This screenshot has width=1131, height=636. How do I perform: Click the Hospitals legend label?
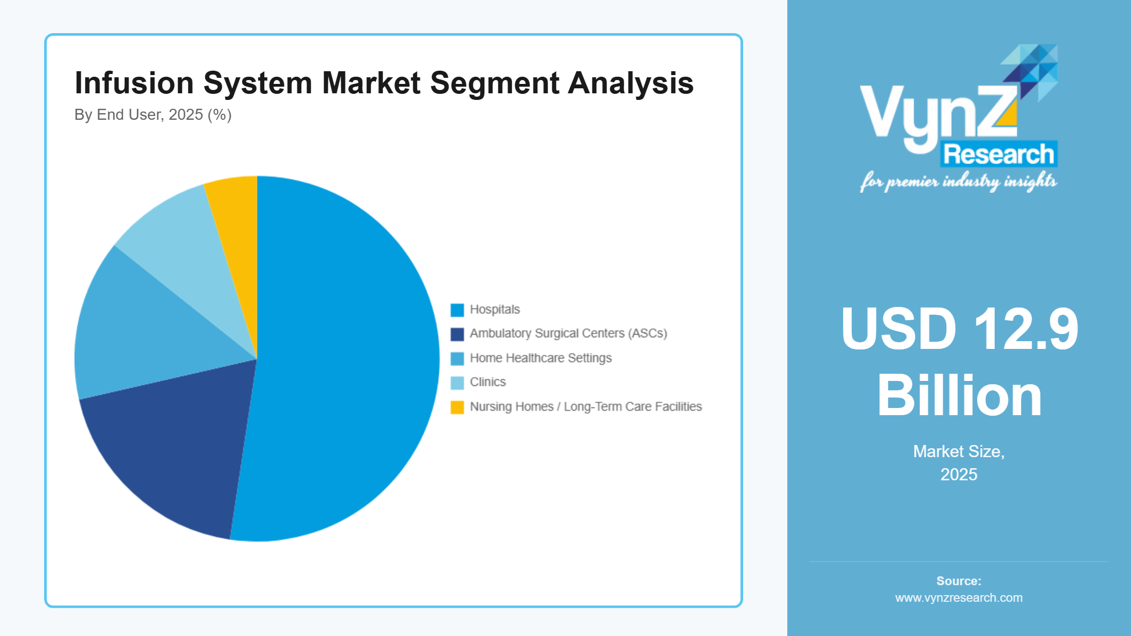494,310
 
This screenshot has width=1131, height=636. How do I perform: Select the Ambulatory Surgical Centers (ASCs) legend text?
568,333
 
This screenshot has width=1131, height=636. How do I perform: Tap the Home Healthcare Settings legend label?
541,358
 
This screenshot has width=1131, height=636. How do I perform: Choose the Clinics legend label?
488,382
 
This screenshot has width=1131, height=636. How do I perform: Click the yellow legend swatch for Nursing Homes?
457,407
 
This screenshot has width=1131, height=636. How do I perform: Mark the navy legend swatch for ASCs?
457,334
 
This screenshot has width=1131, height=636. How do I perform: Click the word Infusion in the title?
134,83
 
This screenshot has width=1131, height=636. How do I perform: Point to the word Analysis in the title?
631,83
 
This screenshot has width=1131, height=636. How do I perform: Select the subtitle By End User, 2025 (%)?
153,115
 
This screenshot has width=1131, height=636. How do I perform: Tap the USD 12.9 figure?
959,329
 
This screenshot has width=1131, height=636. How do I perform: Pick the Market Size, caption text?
959,452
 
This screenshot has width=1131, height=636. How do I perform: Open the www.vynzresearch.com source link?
959,598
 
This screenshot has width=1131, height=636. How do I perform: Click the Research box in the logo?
999,154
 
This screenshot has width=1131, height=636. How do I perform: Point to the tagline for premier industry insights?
959,182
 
